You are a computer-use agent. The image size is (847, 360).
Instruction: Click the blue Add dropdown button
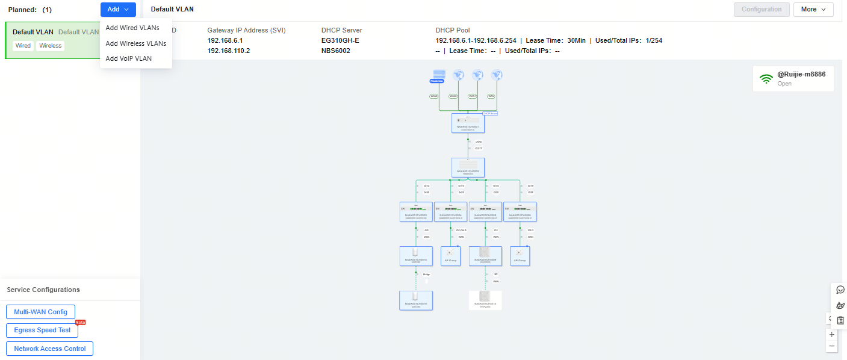click(x=118, y=10)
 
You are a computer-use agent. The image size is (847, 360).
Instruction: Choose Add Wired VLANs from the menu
click(x=132, y=28)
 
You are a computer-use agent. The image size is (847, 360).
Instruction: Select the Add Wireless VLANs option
click(x=135, y=43)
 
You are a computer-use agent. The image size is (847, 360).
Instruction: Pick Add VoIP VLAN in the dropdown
click(x=128, y=58)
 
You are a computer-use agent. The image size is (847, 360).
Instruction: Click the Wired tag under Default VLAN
click(x=23, y=46)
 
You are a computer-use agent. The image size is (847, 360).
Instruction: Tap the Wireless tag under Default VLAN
click(x=51, y=46)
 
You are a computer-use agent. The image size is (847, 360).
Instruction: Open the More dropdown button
click(x=813, y=10)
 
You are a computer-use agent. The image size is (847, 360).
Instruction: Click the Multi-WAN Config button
click(x=40, y=312)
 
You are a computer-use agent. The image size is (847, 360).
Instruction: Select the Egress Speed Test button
click(x=42, y=330)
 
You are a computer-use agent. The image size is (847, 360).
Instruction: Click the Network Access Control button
click(x=49, y=349)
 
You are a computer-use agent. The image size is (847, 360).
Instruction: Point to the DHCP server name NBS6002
click(x=336, y=51)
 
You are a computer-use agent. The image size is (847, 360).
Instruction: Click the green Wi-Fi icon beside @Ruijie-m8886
click(x=766, y=79)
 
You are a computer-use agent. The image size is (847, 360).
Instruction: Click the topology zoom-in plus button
click(x=832, y=335)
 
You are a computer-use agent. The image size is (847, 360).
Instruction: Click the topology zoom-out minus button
click(x=832, y=346)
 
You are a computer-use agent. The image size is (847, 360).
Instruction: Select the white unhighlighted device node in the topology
click(x=485, y=300)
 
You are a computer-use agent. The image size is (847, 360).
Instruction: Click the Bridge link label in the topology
click(x=426, y=274)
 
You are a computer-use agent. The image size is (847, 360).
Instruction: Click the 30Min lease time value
click(x=577, y=40)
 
